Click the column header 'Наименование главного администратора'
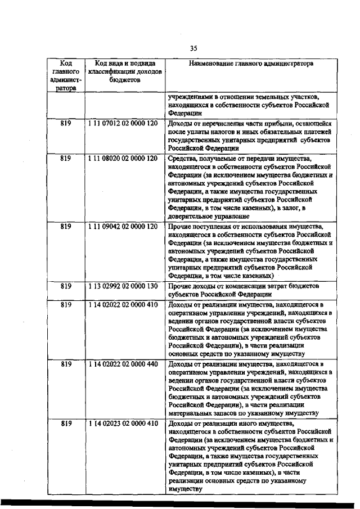coord(250,64)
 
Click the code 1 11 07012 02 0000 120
coord(123,122)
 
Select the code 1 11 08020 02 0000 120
coord(123,158)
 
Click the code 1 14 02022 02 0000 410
coord(123,304)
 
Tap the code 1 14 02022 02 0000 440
coord(123,364)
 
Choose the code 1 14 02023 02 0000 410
coord(123,423)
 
